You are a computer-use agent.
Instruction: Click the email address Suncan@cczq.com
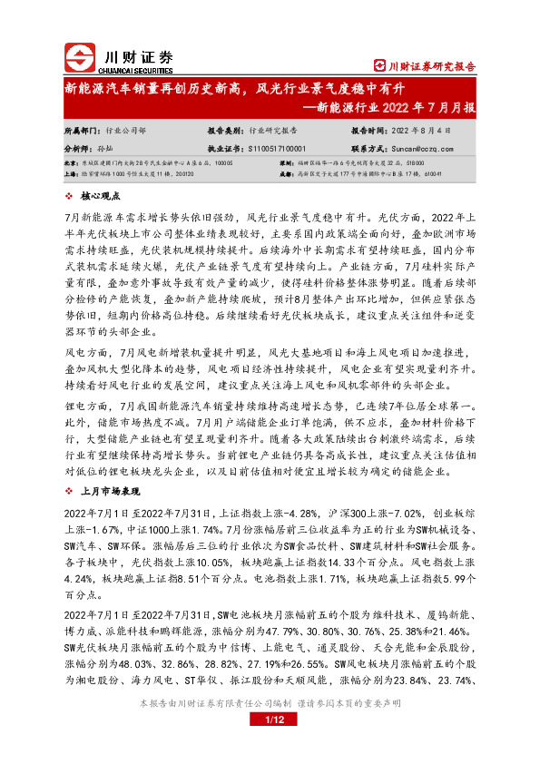click(421, 146)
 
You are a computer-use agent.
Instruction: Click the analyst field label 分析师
click(79, 146)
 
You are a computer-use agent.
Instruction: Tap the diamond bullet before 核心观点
click(72, 195)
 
